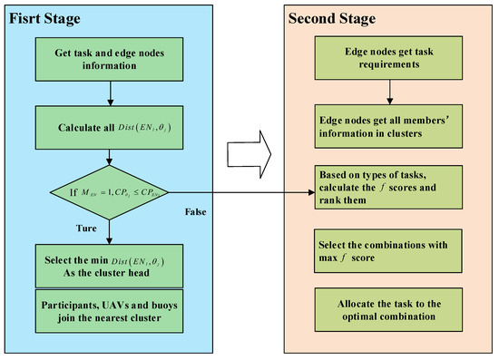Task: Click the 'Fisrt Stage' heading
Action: tap(47, 18)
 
